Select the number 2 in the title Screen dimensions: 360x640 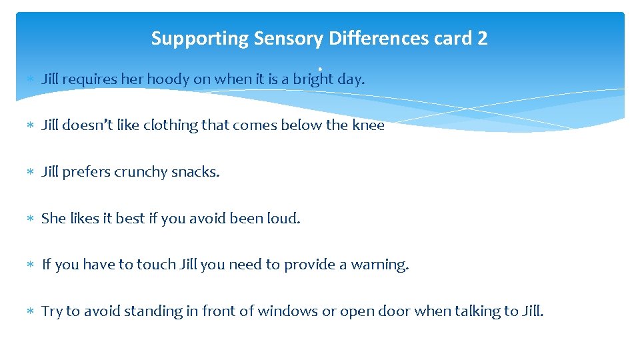pos(482,39)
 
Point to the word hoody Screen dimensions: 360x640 pos(168,79)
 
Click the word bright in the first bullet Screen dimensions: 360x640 pos(313,79)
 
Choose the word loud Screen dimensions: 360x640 pos(283,219)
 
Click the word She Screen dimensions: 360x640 pos(53,219)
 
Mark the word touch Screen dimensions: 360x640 pos(156,265)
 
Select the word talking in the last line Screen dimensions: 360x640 pos(471,311)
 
